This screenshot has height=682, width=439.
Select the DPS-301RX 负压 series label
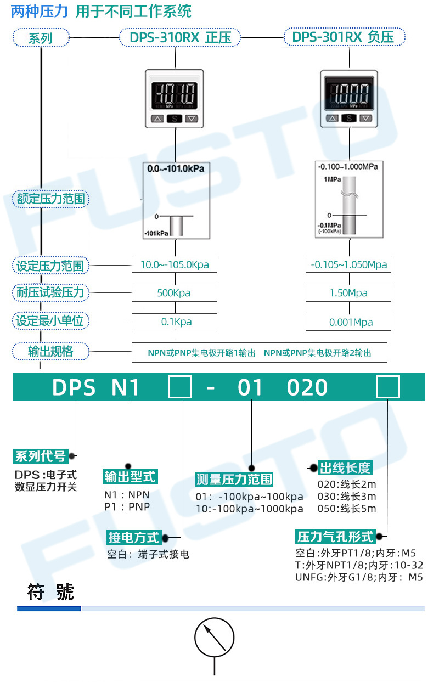(x=345, y=37)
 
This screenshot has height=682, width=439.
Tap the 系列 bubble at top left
(x=41, y=38)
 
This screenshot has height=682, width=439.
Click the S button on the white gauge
(x=175, y=119)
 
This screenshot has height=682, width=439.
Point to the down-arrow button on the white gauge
(x=191, y=119)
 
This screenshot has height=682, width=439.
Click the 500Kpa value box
(x=174, y=293)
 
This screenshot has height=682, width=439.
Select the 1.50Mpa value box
(x=348, y=293)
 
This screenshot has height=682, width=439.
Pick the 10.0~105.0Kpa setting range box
(x=174, y=265)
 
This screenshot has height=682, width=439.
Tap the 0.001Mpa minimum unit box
(x=348, y=322)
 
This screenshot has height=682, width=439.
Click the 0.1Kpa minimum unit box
(x=174, y=322)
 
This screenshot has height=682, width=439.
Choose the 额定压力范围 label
(x=51, y=199)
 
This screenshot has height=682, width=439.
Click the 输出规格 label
(x=50, y=351)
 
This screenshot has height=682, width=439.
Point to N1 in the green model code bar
(x=126, y=388)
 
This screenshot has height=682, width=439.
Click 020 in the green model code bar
(x=307, y=388)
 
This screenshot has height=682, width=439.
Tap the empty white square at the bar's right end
(x=388, y=387)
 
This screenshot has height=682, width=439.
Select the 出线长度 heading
(x=345, y=468)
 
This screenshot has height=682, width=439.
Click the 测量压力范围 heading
(x=234, y=479)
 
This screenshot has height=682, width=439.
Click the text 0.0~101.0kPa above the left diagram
(x=176, y=168)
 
